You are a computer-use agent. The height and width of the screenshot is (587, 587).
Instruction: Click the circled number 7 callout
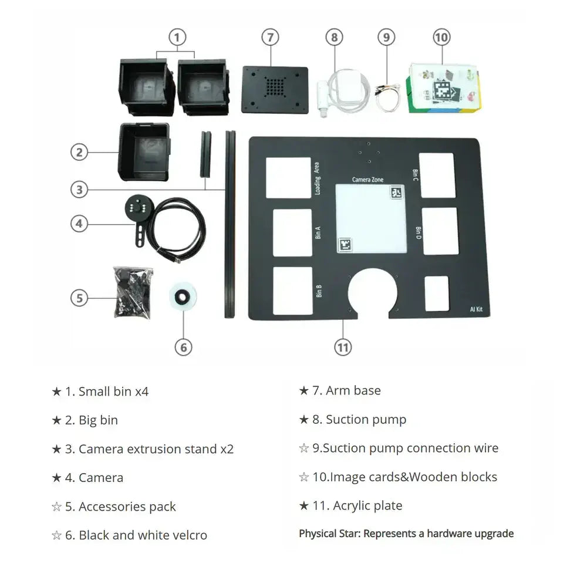(269, 38)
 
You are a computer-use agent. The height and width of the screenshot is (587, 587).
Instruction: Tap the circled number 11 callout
(343, 347)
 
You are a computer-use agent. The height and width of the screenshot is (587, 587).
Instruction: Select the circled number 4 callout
(80, 224)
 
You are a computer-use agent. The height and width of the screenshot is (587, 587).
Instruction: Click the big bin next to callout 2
(144, 151)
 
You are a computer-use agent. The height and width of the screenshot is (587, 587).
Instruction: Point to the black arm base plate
(275, 89)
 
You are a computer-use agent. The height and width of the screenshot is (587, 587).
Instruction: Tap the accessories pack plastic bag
(133, 292)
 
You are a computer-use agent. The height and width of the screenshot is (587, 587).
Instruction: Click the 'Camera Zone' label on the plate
(367, 180)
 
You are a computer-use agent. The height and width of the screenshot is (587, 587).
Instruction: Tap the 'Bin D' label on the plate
(418, 232)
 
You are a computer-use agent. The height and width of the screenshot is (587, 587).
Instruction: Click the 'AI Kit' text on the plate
(476, 309)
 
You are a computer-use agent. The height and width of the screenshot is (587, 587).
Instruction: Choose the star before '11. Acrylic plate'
(303, 505)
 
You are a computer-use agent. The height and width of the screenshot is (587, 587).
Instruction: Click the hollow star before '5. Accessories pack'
(56, 507)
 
